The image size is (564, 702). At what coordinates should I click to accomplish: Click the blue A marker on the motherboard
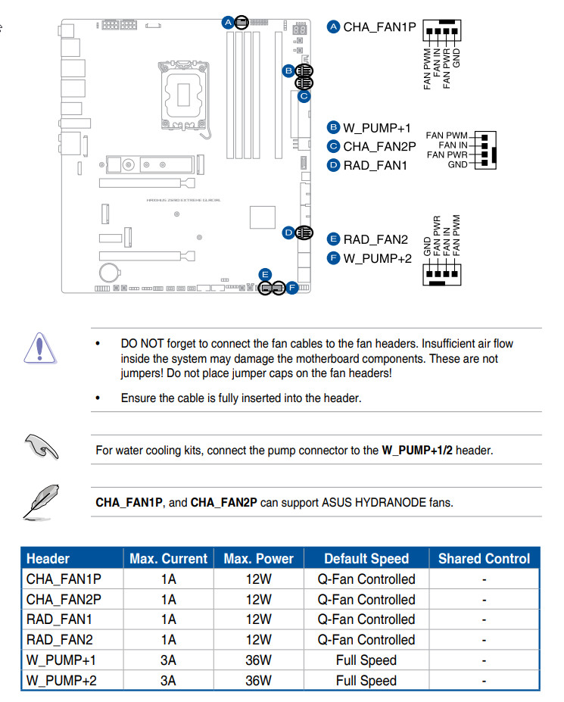[228, 22]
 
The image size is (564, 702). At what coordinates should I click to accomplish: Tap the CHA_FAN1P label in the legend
[380, 27]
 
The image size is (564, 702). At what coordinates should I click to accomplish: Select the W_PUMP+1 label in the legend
[377, 128]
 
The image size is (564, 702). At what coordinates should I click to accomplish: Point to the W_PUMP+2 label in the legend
[377, 258]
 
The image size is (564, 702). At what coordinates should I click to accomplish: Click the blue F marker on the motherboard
[291, 288]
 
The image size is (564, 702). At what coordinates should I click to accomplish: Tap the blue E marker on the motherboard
[264, 273]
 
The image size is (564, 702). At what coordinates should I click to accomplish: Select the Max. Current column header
[168, 559]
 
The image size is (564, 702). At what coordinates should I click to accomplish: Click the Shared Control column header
[484, 559]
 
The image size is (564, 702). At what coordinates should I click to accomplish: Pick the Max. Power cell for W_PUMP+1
[258, 660]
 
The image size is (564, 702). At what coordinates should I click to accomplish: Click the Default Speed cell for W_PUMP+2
[366, 681]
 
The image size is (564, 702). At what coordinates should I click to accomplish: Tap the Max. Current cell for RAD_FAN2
[168, 640]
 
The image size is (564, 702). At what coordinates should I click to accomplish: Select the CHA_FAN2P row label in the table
[64, 599]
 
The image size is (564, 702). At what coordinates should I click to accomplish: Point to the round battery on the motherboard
[110, 270]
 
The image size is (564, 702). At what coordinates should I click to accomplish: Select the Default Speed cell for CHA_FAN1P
[366, 579]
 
